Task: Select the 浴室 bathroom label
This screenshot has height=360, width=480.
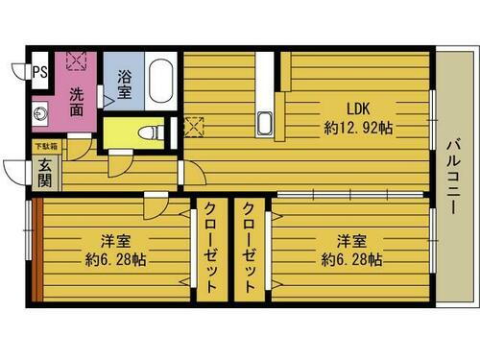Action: tap(126, 84)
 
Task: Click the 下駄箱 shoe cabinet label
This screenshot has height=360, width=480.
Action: tap(45, 146)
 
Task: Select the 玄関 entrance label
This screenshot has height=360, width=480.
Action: tap(45, 171)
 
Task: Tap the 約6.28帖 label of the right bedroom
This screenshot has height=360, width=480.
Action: tap(351, 258)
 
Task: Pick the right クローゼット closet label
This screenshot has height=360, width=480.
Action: tap(249, 247)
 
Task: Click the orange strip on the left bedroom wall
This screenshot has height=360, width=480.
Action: tap(36, 248)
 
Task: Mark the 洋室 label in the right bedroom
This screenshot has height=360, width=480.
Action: tap(350, 239)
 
